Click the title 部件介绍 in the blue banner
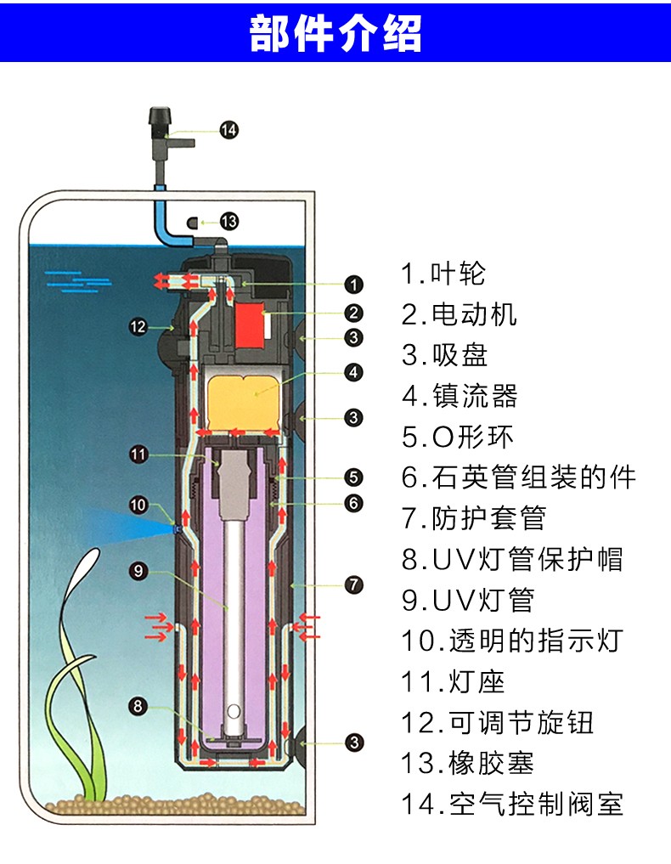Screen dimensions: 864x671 [335, 34]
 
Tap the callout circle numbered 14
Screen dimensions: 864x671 [228, 130]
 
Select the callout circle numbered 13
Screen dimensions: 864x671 [228, 222]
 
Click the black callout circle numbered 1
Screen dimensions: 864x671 [354, 285]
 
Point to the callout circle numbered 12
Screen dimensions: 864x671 [138, 325]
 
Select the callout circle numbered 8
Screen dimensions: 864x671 [138, 705]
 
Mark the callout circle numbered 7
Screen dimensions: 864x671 [354, 585]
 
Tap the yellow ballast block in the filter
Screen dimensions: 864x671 [244, 399]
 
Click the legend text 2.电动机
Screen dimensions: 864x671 [460, 314]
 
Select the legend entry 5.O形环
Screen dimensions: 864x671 [458, 437]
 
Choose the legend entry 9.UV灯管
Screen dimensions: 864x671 [468, 600]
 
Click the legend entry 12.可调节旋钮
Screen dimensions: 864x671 [498, 722]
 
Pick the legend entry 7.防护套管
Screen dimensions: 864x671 [473, 518]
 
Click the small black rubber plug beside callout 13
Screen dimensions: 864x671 [193, 223]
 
